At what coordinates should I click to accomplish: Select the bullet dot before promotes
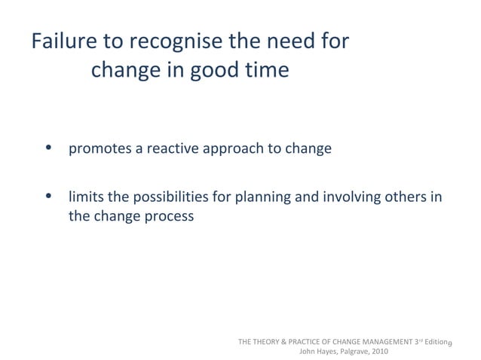tap(49, 148)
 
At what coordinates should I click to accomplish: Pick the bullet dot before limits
tap(49, 197)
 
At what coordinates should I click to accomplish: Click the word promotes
tap(100, 149)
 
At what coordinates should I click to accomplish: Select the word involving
tap(351, 198)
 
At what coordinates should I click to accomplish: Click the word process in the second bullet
tap(169, 217)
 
